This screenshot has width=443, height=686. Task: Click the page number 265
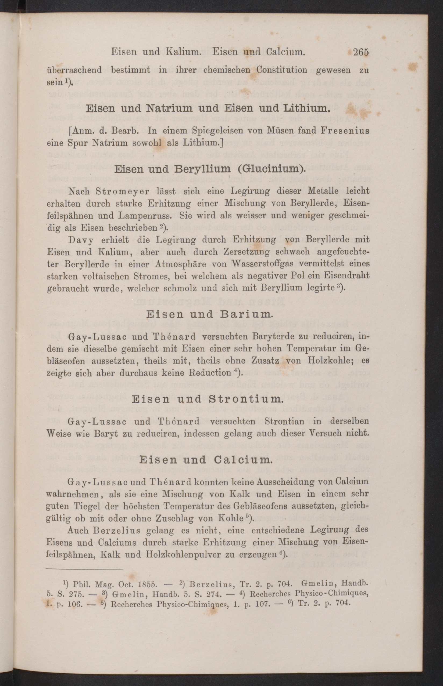coord(361,52)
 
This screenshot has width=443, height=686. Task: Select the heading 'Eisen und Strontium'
coord(207,399)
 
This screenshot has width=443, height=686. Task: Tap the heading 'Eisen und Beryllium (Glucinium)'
coord(210,169)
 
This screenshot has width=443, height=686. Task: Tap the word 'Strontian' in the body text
coord(284,422)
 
